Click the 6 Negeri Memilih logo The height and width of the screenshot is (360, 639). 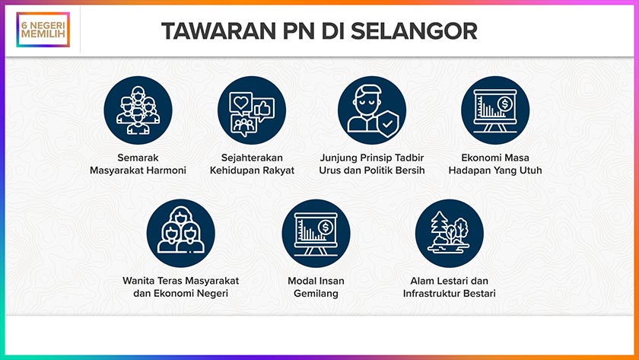[43, 30]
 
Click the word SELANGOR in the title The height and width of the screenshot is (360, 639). [414, 31]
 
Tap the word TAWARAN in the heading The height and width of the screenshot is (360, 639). [218, 31]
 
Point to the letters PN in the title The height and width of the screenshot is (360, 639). [298, 31]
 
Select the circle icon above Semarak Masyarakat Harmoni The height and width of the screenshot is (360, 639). [138, 110]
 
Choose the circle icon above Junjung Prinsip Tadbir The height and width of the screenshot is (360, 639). [372, 110]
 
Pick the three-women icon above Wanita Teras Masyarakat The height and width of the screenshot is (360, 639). [180, 233]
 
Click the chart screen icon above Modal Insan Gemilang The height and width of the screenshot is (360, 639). [316, 233]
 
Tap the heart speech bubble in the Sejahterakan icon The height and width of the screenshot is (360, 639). [241, 103]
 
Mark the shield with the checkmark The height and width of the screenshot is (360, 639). [387, 124]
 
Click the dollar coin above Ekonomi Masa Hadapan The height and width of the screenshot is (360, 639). [505, 104]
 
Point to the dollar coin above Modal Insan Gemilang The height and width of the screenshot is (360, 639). [326, 227]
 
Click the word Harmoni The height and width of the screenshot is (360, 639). [168, 170]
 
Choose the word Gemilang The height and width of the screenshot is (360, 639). [316, 294]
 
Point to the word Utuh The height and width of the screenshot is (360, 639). [531, 170]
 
